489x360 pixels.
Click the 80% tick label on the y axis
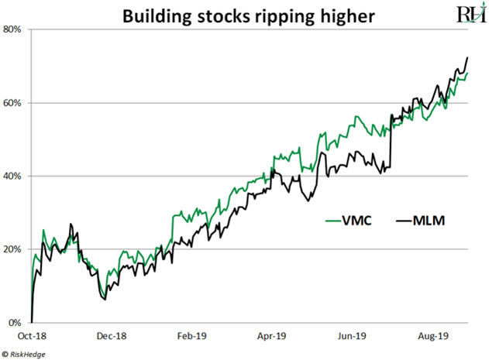pyautogui.click(x=13, y=29)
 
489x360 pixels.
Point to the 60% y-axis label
pyautogui.click(x=13, y=103)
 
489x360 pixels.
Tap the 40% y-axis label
pyautogui.click(x=13, y=177)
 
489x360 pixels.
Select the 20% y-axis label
pyautogui.click(x=13, y=249)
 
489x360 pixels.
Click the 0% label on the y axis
pyautogui.click(x=15, y=323)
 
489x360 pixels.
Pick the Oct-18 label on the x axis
pyautogui.click(x=30, y=337)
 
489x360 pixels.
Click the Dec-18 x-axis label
pyautogui.click(x=111, y=337)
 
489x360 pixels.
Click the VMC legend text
pyautogui.click(x=356, y=221)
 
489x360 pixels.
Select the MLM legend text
pyautogui.click(x=427, y=221)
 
